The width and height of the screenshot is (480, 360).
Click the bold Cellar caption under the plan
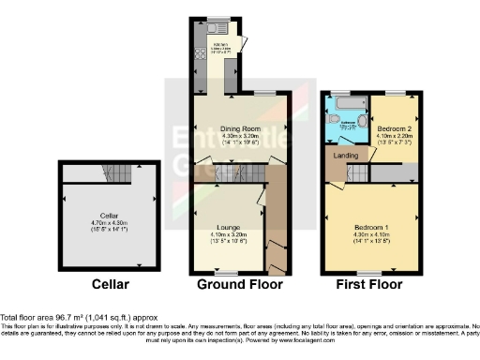pos(103,285)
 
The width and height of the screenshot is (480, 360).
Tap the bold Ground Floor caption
pos(229,285)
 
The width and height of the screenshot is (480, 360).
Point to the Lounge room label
pos(225,228)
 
